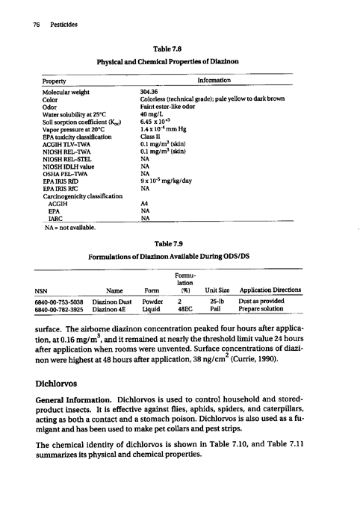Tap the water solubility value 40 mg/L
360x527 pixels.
pyautogui.click(x=153, y=111)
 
